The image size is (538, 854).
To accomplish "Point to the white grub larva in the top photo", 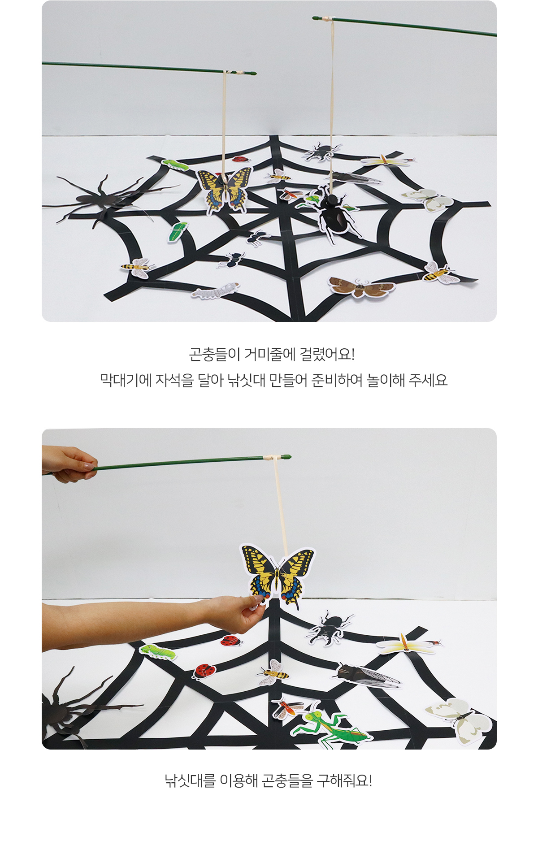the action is coord(215,291).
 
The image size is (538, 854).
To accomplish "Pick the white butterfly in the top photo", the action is coord(429,199).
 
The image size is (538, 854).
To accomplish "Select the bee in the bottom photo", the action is coord(273,672).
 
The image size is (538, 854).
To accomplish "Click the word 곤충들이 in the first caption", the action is coord(214,355).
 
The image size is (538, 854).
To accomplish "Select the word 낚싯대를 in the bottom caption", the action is coord(190,780).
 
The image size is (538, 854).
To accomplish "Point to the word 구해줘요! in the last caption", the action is coord(344,780).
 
